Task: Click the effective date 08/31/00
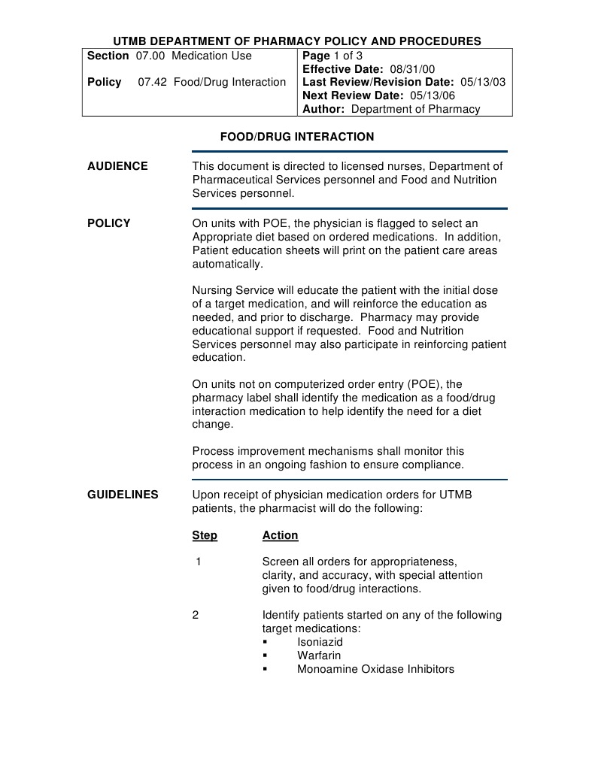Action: [x=412, y=69]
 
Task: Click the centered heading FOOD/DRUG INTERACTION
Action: [x=296, y=137]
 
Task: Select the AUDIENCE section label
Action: [x=117, y=166]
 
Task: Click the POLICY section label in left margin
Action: [x=108, y=223]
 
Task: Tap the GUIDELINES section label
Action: [x=123, y=495]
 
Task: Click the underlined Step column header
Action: [x=205, y=535]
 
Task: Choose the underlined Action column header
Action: [x=280, y=535]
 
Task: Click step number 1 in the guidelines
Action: [x=198, y=562]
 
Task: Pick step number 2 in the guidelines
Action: [x=196, y=615]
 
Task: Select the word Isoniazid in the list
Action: [x=320, y=642]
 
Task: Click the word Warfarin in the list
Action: [x=318, y=655]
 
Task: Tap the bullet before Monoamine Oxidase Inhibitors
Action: [x=266, y=670]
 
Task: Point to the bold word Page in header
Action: [x=316, y=56]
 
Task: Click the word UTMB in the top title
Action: [x=131, y=41]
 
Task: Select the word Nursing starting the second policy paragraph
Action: [x=214, y=290]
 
